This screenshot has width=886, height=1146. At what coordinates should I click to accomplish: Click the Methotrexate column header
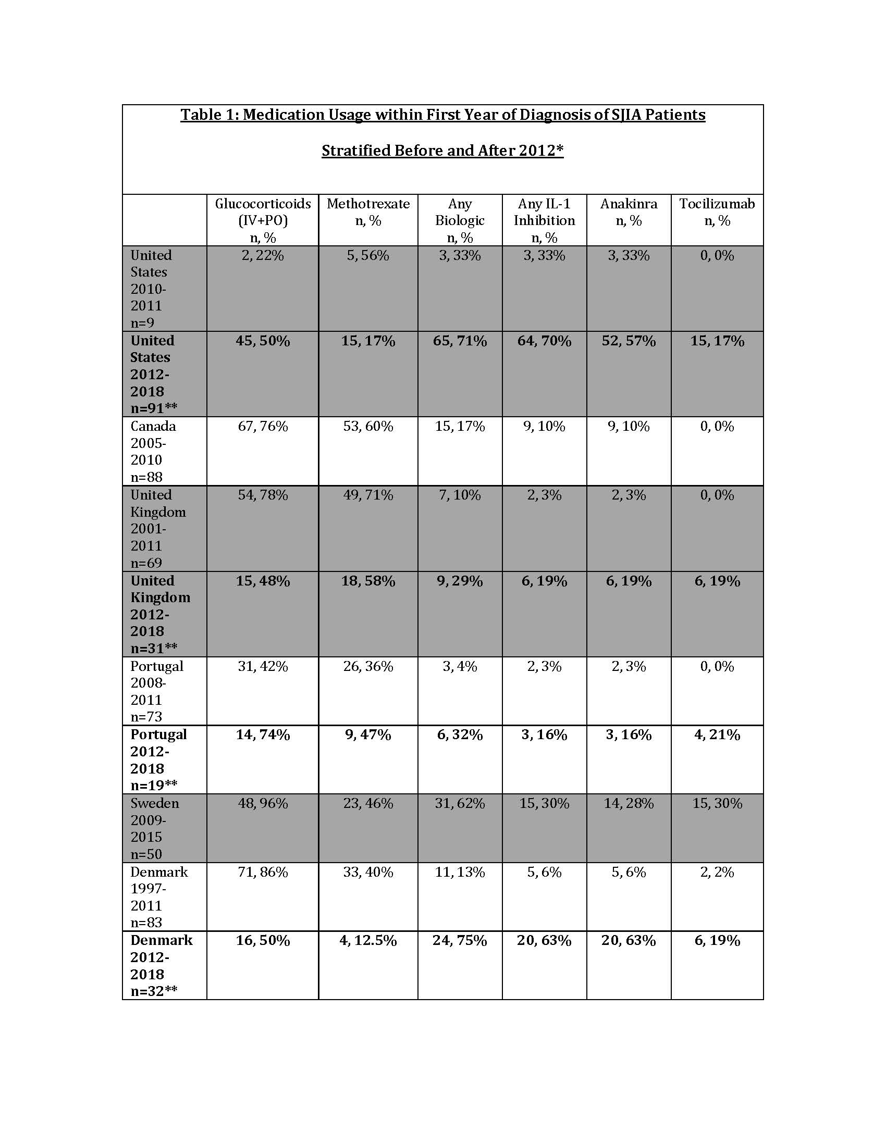tap(368, 212)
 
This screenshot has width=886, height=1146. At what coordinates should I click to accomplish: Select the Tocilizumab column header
tap(717, 212)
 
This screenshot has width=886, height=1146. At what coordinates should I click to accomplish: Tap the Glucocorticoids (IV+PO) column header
tap(263, 220)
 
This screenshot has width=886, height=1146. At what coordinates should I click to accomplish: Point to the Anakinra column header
tap(629, 212)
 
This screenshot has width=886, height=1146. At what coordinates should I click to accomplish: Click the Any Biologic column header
tap(460, 220)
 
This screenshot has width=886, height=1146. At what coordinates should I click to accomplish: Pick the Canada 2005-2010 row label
tap(153, 451)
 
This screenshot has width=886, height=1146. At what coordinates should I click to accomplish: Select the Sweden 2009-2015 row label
tap(154, 829)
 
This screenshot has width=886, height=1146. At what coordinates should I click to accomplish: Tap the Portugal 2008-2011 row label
tap(156, 691)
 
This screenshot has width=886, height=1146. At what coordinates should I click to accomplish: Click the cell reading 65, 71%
tap(460, 341)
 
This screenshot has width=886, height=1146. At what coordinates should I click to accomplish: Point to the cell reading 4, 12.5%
tap(368, 940)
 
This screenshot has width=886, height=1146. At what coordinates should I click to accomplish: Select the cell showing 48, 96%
tap(263, 803)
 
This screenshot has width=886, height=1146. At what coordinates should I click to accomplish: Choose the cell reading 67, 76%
tap(263, 426)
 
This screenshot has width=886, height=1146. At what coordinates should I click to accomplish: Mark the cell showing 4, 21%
tap(717, 734)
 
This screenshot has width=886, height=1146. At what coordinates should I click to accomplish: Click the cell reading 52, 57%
tap(629, 341)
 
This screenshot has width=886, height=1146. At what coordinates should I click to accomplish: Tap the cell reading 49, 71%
tap(368, 495)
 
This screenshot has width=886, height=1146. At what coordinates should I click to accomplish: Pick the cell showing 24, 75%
tap(460, 940)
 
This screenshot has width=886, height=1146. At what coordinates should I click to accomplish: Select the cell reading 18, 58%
tap(368, 581)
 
